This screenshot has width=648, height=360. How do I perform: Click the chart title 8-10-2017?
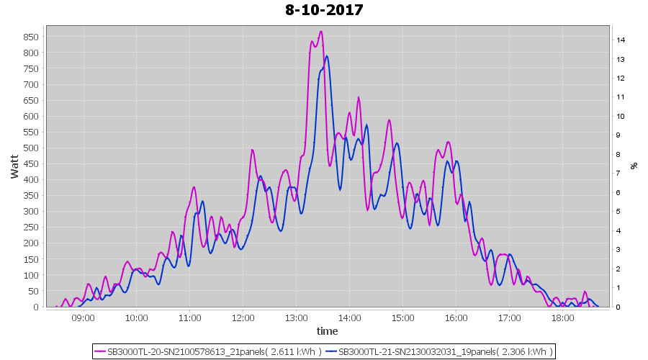tap(324, 10)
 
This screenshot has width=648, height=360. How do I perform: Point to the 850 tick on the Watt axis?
tap(31, 37)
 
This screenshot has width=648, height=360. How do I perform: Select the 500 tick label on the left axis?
tap(31, 148)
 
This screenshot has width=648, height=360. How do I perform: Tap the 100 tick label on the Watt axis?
tap(31, 275)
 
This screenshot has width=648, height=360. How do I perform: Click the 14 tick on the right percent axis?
tap(621, 40)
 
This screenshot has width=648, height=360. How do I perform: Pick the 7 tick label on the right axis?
tap(619, 174)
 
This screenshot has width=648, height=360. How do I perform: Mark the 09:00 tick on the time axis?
tap(83, 317)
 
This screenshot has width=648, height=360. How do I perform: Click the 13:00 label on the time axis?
tap(296, 317)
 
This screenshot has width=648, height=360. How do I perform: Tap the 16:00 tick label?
tap(456, 317)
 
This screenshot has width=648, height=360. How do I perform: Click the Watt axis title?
tap(14, 166)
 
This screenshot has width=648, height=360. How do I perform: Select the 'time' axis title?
tap(328, 331)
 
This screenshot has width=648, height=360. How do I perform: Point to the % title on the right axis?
tap(634, 166)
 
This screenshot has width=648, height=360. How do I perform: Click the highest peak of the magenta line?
tap(320, 32)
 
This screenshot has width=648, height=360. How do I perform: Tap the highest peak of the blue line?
tap(327, 56)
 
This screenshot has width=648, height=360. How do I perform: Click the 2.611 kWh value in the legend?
tap(294, 351)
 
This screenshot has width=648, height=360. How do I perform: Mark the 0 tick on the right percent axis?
tap(619, 307)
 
